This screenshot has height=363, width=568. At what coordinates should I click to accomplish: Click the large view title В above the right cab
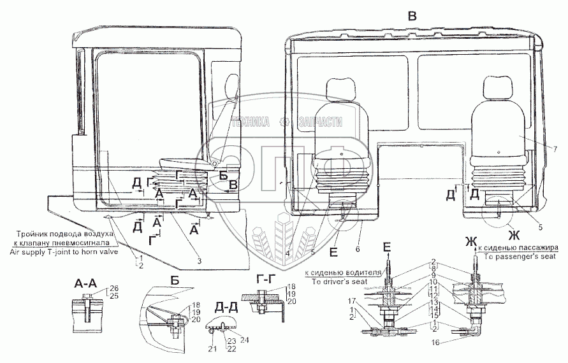coord(412,17)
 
